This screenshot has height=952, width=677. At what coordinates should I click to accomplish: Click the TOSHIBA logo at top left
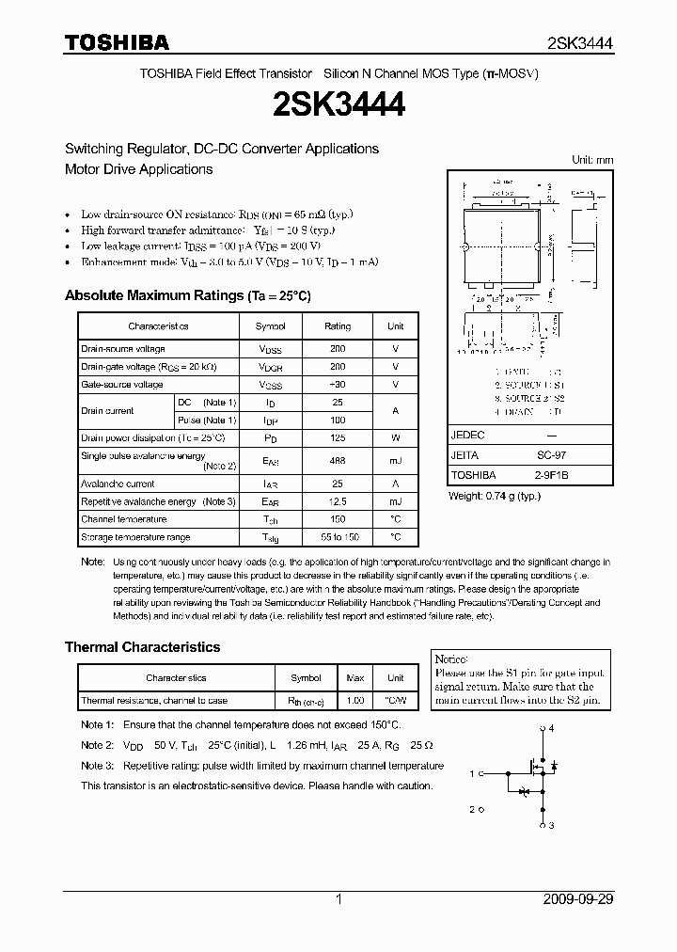pyautogui.click(x=118, y=42)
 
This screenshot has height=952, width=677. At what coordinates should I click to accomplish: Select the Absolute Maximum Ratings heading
pyautogui.click(x=187, y=295)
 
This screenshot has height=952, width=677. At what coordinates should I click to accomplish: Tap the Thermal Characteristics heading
pyautogui.click(x=142, y=647)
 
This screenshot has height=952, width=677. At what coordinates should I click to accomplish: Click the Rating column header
pyautogui.click(x=338, y=326)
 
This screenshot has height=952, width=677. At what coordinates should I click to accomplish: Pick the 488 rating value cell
pyautogui.click(x=338, y=461)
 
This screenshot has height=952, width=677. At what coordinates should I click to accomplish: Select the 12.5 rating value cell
pyautogui.click(x=338, y=501)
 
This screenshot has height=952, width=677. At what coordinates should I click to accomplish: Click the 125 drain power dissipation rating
pyautogui.click(x=338, y=437)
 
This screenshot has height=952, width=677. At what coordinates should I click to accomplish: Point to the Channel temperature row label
pyautogui.click(x=123, y=519)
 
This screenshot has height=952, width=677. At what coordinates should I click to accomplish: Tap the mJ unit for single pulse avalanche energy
pyautogui.click(x=395, y=461)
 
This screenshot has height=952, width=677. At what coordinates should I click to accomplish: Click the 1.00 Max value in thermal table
pyautogui.click(x=355, y=701)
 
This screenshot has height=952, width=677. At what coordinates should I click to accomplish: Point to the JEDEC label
pyautogui.click(x=468, y=436)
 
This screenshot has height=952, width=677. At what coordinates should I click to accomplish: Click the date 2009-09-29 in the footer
pyautogui.click(x=576, y=899)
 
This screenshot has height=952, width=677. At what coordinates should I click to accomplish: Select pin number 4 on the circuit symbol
pyautogui.click(x=552, y=729)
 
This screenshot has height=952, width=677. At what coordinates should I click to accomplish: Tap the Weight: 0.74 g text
pyautogui.click(x=494, y=495)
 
